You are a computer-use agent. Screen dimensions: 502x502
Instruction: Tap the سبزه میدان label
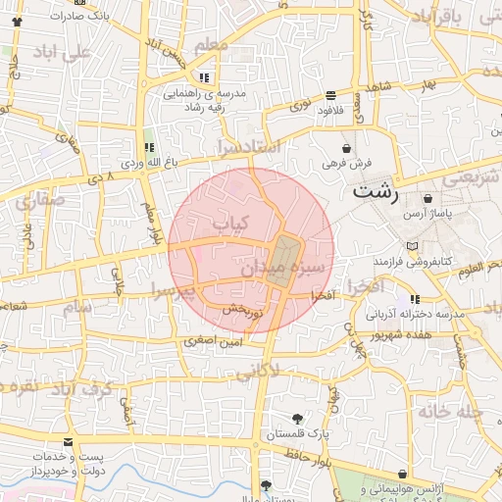(x=288, y=268)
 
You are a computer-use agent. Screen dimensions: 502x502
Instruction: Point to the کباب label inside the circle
(x=232, y=224)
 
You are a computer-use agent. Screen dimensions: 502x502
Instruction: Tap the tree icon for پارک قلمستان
(x=298, y=419)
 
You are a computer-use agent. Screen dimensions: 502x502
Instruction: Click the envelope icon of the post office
(x=68, y=442)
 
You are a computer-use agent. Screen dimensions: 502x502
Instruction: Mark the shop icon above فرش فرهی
(x=347, y=148)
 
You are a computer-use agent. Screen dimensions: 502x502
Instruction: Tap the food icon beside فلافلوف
(x=329, y=96)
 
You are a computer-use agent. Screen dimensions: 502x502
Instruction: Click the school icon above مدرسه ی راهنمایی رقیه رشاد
(x=204, y=76)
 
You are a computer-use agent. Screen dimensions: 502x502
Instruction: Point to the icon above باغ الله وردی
(x=149, y=146)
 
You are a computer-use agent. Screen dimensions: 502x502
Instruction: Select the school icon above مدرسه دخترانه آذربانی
(x=416, y=298)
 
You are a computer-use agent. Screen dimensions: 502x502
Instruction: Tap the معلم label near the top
(x=211, y=45)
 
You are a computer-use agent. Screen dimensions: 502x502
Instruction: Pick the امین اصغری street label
(x=209, y=342)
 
